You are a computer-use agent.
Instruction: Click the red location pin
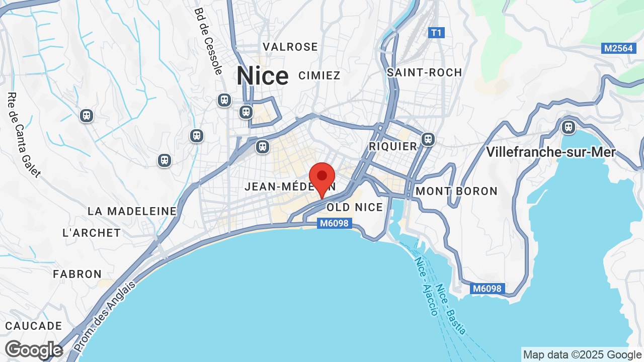pyautogui.click(x=322, y=178)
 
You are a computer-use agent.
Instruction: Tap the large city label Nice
pyautogui.click(x=263, y=76)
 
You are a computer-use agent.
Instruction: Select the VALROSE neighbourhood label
pyautogui.click(x=290, y=47)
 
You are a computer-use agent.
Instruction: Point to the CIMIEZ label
pyautogui.click(x=319, y=75)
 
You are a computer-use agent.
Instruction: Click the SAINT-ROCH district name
pyautogui.click(x=424, y=72)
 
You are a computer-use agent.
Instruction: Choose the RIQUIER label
pyautogui.click(x=393, y=146)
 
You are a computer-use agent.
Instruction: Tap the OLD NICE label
pyautogui.click(x=355, y=207)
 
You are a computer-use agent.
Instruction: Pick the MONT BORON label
pyautogui.click(x=456, y=191)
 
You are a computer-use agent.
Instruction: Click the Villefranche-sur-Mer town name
pyautogui.click(x=550, y=152)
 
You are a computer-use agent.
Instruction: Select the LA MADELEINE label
pyautogui.click(x=132, y=211)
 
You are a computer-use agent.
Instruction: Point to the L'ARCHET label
pyautogui.click(x=92, y=233)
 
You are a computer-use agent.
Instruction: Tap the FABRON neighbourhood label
pyautogui.click(x=77, y=274)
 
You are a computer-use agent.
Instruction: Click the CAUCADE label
pyautogui.click(x=34, y=326)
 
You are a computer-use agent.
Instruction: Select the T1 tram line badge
pyautogui.click(x=436, y=33)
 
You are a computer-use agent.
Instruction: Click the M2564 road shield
pyautogui.click(x=617, y=48)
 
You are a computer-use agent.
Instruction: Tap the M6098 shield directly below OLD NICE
pyautogui.click(x=334, y=223)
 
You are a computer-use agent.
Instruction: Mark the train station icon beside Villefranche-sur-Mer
pyautogui.click(x=569, y=127)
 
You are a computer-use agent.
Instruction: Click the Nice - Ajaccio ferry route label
pyautogui.click(x=426, y=286)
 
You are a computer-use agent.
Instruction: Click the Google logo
pyautogui.click(x=34, y=350)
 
